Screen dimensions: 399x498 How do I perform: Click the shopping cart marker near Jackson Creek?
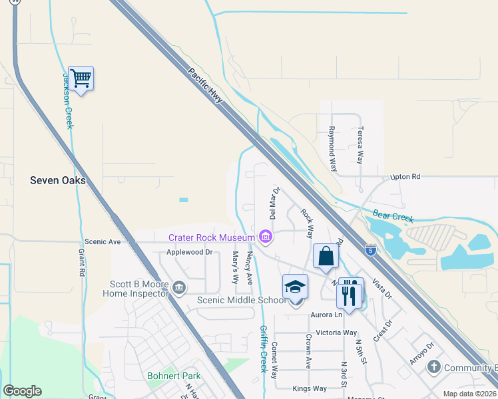pyautogui.click(x=81, y=78)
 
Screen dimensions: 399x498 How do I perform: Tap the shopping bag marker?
pyautogui.click(x=326, y=257)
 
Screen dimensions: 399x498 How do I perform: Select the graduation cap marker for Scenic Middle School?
pyautogui.click(x=295, y=287)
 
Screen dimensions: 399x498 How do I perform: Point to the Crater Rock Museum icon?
pyautogui.click(x=266, y=237)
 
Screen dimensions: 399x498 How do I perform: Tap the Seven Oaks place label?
pyautogui.click(x=58, y=180)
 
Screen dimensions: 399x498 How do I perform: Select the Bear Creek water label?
pyautogui.click(x=393, y=216)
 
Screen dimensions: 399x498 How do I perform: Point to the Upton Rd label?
pyautogui.click(x=405, y=177)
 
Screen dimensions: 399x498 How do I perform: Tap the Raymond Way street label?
pyautogui.click(x=332, y=148)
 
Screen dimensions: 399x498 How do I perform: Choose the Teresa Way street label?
pyautogui.click(x=360, y=146)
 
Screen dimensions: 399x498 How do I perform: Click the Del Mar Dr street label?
pyautogui.click(x=272, y=203)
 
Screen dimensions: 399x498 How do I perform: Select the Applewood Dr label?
pyautogui.click(x=189, y=252)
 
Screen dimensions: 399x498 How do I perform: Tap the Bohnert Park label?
pyautogui.click(x=174, y=376)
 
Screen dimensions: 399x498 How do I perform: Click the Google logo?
pyautogui.click(x=22, y=391)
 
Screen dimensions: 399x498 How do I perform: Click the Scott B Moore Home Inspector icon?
pyautogui.click(x=178, y=287)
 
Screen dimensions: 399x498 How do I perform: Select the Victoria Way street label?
pyautogui.click(x=336, y=332)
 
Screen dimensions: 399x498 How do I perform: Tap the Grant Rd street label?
pyautogui.click(x=81, y=263)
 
